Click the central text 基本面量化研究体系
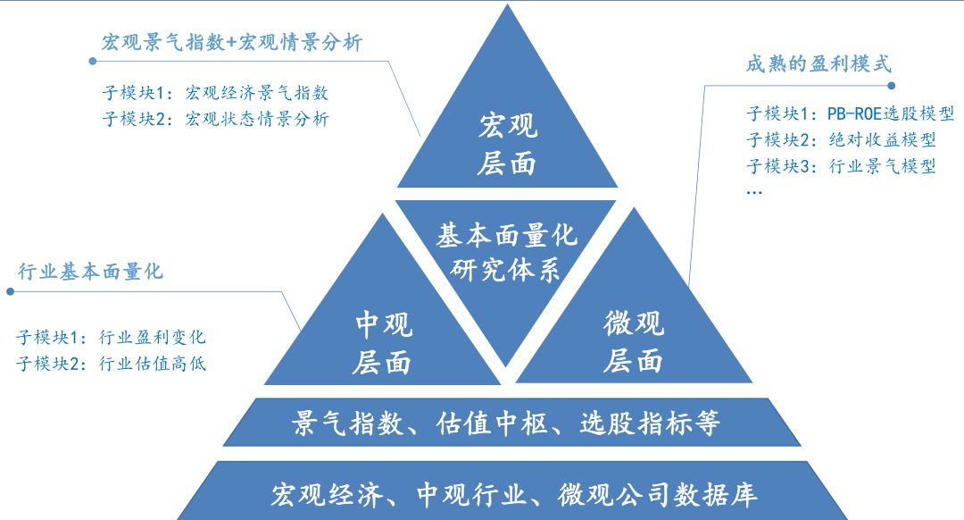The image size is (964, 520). (x=506, y=253)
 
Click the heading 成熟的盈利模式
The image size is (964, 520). (x=819, y=64)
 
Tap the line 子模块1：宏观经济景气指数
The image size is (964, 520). (x=216, y=93)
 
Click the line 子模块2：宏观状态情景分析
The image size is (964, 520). (x=216, y=118)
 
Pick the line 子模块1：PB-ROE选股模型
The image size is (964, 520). (x=851, y=114)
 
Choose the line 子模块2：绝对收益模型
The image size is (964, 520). (x=841, y=140)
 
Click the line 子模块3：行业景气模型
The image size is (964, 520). (x=841, y=166)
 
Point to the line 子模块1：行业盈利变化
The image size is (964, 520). (x=112, y=337)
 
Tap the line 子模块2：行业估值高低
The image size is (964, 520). (x=112, y=363)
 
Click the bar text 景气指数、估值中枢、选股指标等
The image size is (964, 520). (x=506, y=423)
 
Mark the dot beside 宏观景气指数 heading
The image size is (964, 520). (x=91, y=61)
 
